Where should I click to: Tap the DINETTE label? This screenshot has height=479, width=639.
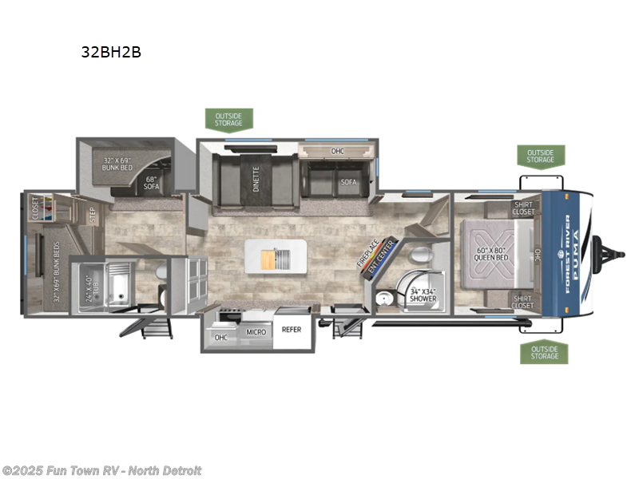point(256,180)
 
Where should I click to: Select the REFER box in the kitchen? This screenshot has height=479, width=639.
point(292,329)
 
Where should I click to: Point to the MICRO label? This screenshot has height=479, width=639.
point(256,331)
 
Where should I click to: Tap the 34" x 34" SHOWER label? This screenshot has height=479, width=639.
point(424,295)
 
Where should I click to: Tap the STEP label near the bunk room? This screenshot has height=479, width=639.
point(93,216)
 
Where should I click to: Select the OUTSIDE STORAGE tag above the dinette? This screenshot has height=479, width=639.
point(228,119)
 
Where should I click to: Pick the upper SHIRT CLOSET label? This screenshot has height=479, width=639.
point(523,208)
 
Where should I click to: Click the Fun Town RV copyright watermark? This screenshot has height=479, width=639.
point(101,470)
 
